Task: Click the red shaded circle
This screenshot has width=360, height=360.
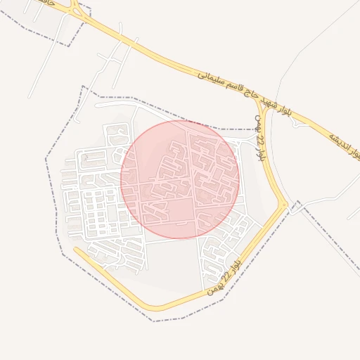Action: [180, 179]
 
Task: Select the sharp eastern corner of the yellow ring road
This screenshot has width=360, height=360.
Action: [285, 205]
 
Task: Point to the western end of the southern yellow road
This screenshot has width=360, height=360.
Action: [75, 250]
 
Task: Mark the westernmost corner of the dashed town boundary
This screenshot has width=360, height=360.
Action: [46, 159]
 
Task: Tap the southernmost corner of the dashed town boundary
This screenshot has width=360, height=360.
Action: [153, 321]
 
